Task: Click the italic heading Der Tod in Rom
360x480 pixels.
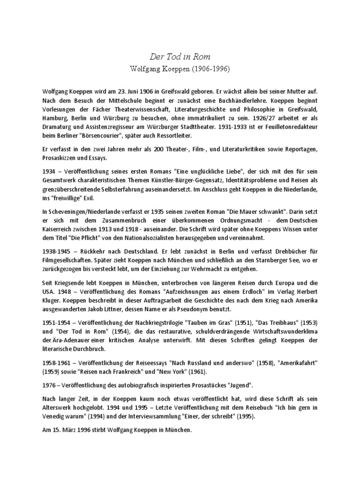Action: (x=180, y=56)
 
